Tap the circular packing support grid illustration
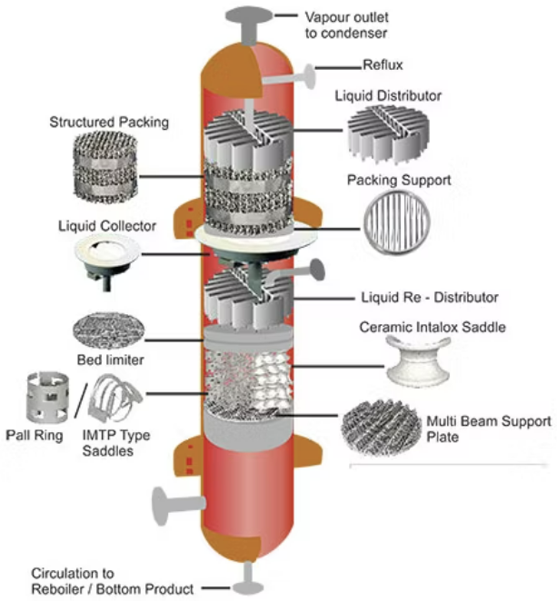(398, 228)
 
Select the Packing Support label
(399, 181)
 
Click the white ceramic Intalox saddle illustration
(419, 359)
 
